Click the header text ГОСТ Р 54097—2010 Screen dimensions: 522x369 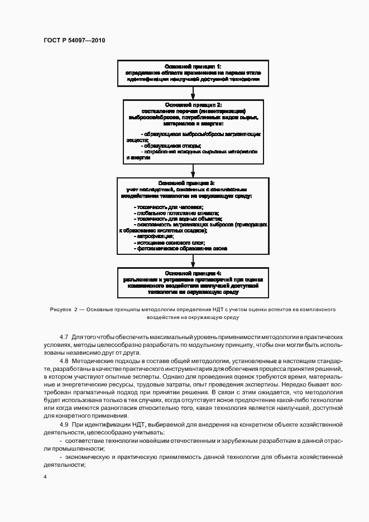pyautogui.click(x=74, y=41)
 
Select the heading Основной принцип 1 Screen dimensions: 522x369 pyautogui.click(x=193, y=66)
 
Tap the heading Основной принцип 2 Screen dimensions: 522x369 pyautogui.click(x=193, y=105)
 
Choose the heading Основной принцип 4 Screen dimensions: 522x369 pyautogui.click(x=193, y=273)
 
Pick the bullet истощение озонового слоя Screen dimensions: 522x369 pyautogui.click(x=170, y=243)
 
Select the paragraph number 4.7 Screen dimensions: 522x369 pyautogui.click(x=64, y=338)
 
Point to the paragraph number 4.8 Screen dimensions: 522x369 pyautogui.click(x=64, y=361)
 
